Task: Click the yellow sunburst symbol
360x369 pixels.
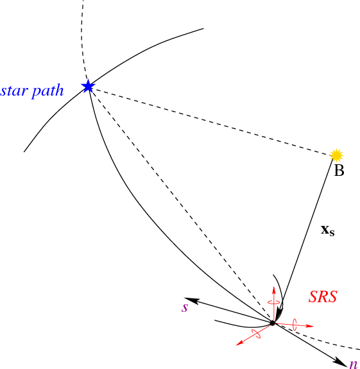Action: click(336, 155)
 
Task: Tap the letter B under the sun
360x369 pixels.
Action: click(339, 171)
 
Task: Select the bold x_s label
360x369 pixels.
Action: click(327, 230)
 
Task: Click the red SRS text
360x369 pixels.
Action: click(323, 296)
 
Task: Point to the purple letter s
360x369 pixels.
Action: click(185, 308)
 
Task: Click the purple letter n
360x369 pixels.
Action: click(354, 364)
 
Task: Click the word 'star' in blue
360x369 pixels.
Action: click(14, 91)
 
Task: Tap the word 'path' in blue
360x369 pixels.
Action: click(47, 90)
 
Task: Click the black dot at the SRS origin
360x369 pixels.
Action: click(273, 323)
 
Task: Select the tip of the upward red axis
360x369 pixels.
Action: click(273, 287)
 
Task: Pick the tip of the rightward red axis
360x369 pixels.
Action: click(314, 326)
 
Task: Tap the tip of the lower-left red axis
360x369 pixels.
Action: click(236, 345)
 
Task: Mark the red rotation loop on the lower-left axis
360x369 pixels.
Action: click(256, 334)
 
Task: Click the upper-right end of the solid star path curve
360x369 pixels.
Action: click(203, 28)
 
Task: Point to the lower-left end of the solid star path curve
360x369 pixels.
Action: click(24, 151)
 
